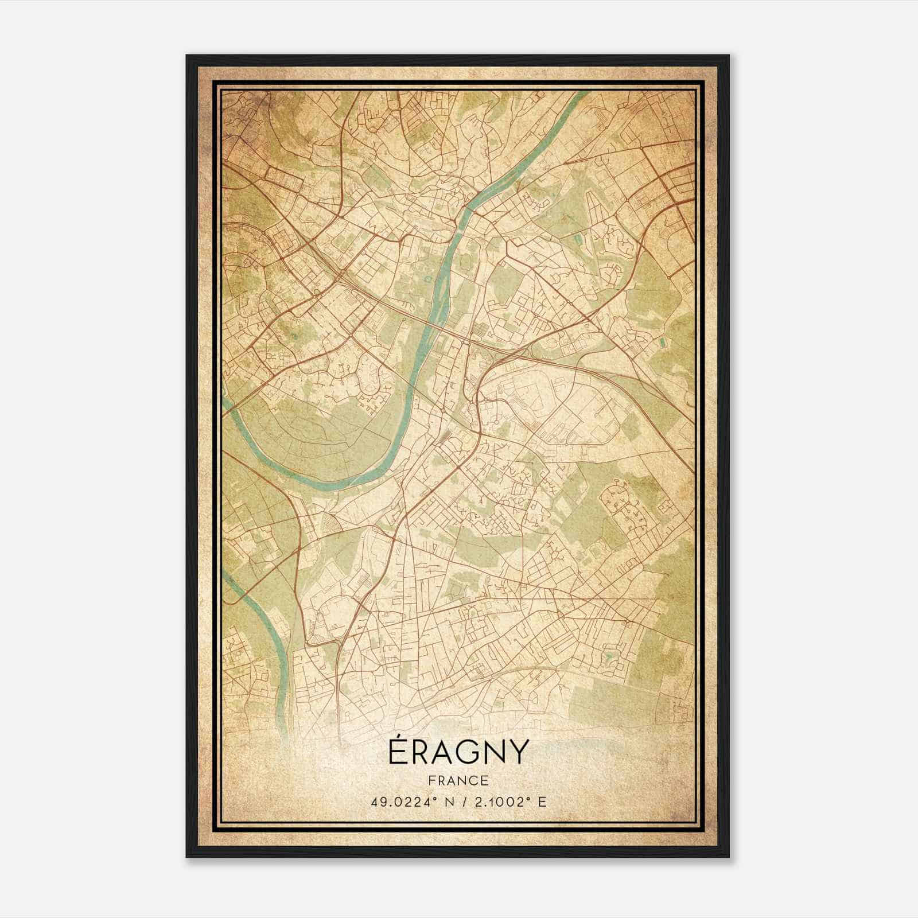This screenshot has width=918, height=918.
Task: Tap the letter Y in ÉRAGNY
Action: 517,753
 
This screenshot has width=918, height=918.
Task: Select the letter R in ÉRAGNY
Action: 423,753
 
